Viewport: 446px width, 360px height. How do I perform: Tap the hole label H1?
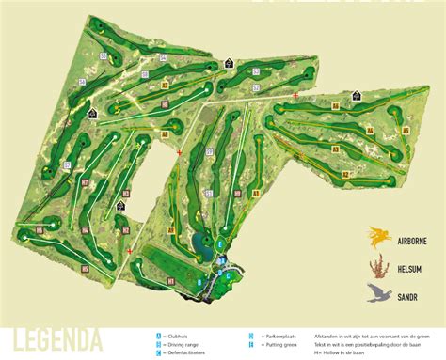pyautogui.click(x=170, y=279)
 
